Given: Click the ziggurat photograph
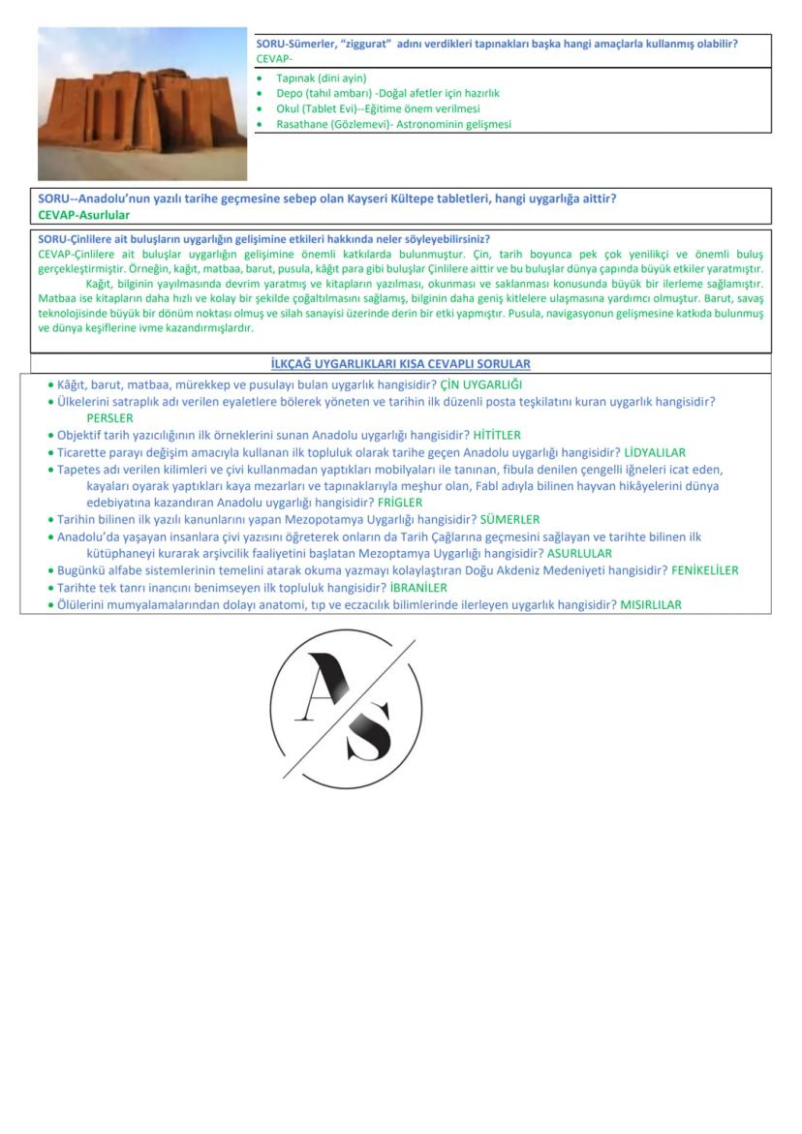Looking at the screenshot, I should click(x=142, y=103).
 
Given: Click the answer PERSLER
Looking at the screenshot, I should click(x=109, y=418).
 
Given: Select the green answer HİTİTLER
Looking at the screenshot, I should click(x=496, y=436).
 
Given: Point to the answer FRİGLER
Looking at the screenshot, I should click(x=400, y=503).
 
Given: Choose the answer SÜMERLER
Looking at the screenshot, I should click(x=509, y=520).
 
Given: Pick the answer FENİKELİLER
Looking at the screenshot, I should click(x=704, y=570).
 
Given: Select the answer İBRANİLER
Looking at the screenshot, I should click(x=418, y=588).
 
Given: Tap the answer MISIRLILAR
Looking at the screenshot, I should click(x=651, y=604).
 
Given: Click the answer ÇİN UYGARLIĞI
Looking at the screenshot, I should click(x=480, y=384).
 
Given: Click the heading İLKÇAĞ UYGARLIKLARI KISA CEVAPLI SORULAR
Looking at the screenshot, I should click(x=401, y=364).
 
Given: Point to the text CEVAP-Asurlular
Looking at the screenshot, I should click(x=84, y=215).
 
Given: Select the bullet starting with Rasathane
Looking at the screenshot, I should click(x=393, y=124).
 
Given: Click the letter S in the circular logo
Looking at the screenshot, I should click(x=369, y=730).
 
